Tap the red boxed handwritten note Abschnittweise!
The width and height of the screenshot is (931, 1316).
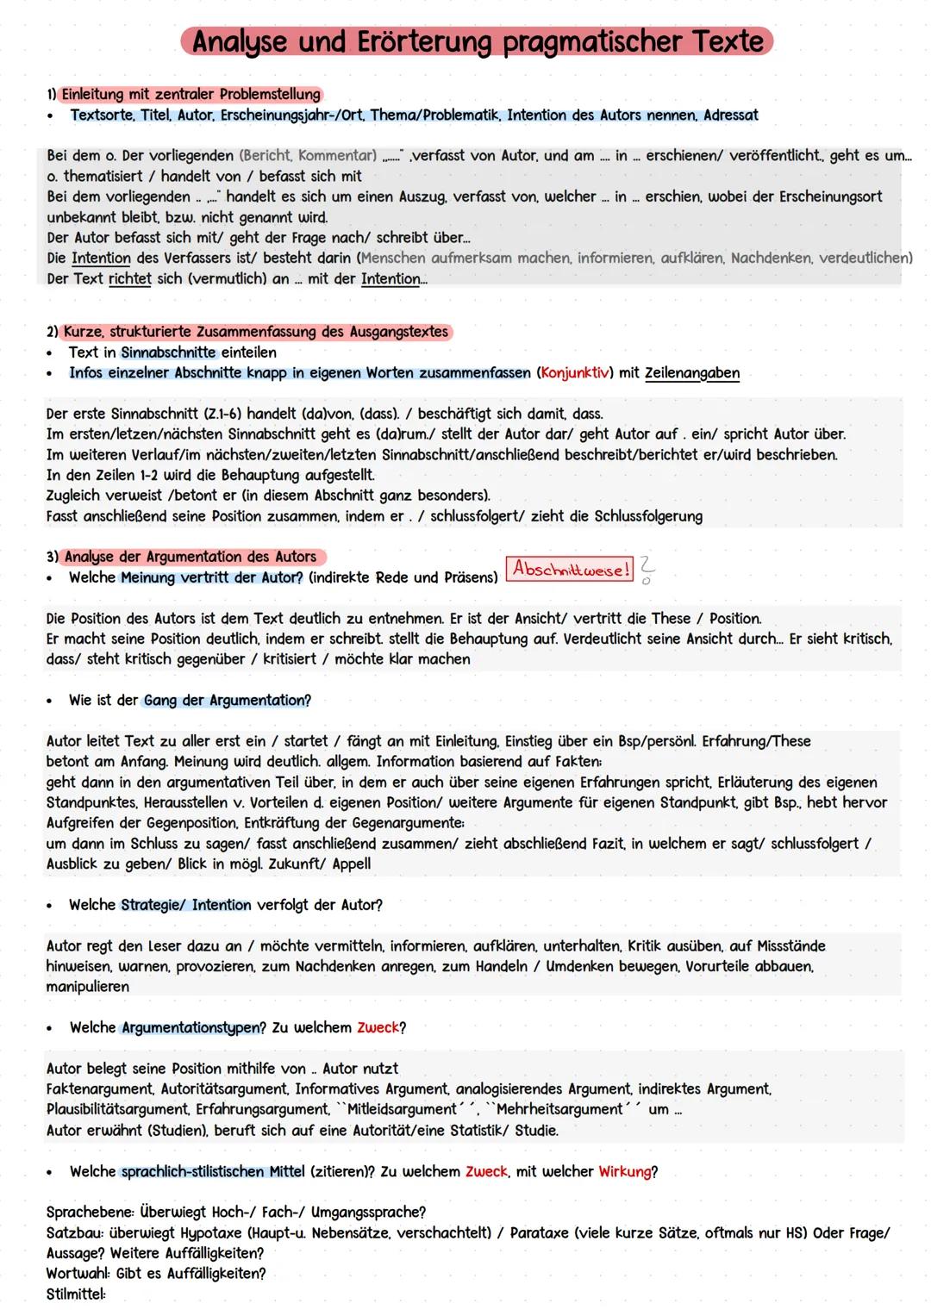(569, 570)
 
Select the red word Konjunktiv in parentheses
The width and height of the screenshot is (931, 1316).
(575, 373)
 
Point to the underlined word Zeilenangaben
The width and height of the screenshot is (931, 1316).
(691, 373)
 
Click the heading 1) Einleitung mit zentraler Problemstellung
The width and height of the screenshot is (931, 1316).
(184, 94)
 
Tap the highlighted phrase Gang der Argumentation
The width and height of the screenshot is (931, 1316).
(225, 700)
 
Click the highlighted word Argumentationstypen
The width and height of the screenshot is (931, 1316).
(193, 1027)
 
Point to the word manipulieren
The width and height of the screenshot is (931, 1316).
(88, 987)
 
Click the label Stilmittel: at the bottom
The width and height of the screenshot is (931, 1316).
(76, 1294)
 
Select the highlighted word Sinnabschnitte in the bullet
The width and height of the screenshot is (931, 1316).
(168, 352)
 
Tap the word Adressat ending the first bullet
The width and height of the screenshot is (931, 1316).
(730, 115)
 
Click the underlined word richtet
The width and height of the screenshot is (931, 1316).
(129, 279)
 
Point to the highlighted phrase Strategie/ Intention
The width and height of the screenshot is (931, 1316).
(186, 905)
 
